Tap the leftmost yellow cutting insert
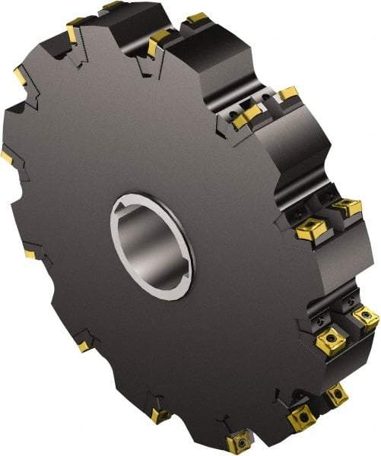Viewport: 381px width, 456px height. [6, 157]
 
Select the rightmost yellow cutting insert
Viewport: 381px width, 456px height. [366, 318]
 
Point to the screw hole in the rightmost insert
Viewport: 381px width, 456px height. [367, 316]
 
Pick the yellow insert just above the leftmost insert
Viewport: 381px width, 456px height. [20, 76]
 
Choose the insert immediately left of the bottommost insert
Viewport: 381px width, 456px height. [160, 415]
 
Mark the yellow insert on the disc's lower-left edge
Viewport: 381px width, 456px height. [82, 346]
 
